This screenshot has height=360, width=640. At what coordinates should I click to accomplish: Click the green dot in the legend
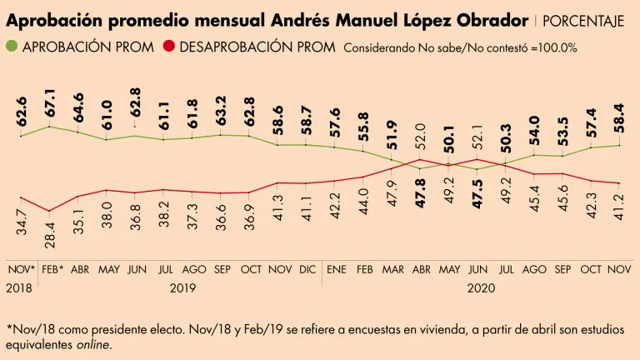point(12,47)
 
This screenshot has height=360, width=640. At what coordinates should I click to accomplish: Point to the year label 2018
point(19,287)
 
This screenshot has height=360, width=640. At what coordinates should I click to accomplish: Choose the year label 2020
point(478,287)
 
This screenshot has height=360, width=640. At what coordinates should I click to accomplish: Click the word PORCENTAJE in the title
point(583,20)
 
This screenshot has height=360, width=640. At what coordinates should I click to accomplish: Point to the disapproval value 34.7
point(21,221)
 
